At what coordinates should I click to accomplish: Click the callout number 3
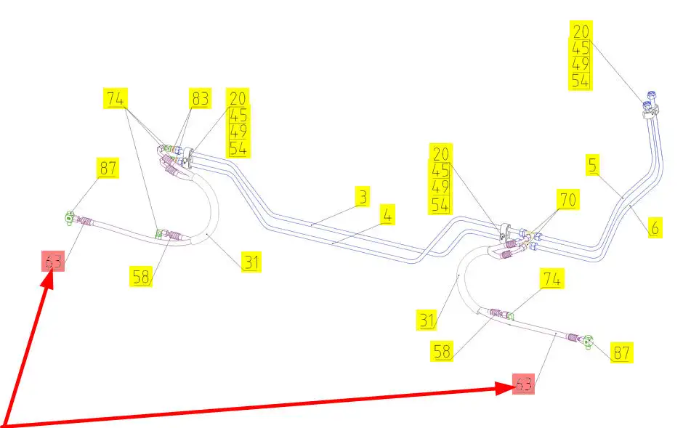click(x=363, y=196)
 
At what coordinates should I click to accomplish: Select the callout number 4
click(x=389, y=215)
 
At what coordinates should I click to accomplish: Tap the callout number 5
click(x=594, y=166)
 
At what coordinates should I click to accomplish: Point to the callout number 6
click(x=654, y=227)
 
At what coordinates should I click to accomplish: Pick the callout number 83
click(x=201, y=98)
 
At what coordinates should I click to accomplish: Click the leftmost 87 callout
click(x=108, y=168)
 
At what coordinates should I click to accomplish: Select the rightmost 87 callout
click(x=622, y=353)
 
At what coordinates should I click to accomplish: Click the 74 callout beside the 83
click(x=115, y=98)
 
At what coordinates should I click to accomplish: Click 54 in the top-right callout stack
click(x=581, y=81)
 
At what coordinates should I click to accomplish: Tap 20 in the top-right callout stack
click(x=581, y=31)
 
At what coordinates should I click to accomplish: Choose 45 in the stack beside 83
click(x=238, y=115)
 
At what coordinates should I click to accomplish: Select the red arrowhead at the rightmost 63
click(x=506, y=388)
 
